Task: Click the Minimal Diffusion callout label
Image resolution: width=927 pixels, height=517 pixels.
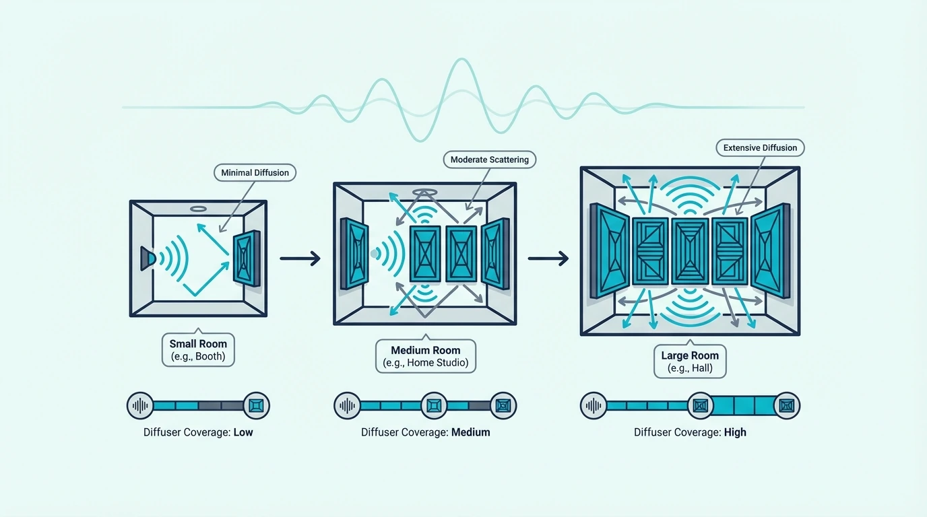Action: pos(255,172)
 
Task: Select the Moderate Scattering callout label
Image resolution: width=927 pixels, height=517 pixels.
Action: pos(490,160)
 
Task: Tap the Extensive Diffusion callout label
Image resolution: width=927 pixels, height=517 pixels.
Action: pos(760,147)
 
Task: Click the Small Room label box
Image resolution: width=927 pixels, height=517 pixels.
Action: pos(198,350)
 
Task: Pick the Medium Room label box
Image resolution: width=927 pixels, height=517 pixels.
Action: pos(425,356)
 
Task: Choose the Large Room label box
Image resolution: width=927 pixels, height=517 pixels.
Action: pos(690,361)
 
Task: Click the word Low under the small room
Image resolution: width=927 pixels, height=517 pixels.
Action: pos(243,432)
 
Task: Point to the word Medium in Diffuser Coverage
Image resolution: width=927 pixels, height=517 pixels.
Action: pos(470,432)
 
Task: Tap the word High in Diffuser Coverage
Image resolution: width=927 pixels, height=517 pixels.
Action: pos(735,432)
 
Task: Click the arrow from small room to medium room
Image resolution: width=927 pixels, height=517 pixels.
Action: pos(300,258)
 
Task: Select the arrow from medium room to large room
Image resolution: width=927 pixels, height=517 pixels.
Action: pos(548,258)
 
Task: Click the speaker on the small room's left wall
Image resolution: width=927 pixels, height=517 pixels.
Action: pos(148,258)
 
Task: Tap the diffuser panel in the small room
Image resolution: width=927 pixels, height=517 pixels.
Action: pos(247,258)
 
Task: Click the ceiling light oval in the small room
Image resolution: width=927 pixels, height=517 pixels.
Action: pos(198,209)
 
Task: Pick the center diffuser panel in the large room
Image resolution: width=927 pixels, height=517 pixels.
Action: pos(690,252)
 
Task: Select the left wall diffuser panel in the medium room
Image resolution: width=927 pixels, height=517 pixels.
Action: pos(354,254)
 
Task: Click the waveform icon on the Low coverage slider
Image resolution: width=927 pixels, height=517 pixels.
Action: pos(140,406)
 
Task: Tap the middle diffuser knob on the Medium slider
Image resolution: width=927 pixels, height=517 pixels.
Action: pos(434,406)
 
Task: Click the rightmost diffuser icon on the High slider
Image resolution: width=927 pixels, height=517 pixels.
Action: pos(786,406)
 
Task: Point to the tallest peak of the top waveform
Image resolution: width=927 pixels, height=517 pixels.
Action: pos(461,59)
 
